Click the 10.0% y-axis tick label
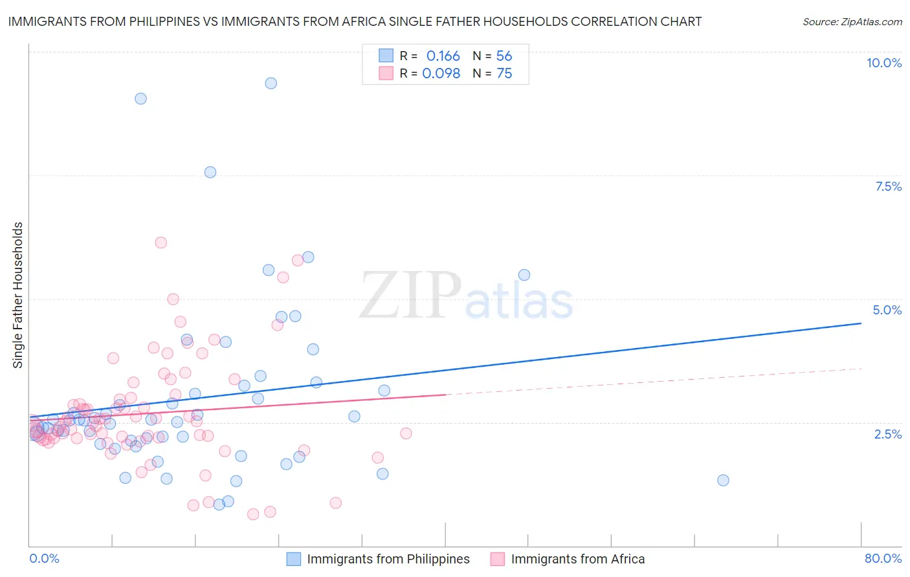pyautogui.click(x=883, y=63)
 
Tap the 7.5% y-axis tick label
pyautogui.click(x=888, y=186)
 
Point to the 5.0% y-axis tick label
pyautogui.click(x=887, y=310)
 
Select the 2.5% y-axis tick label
pyautogui.click(x=887, y=434)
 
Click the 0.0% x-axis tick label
pyautogui.click(x=44, y=558)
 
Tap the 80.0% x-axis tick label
pyautogui.click(x=883, y=558)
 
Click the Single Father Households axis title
pyautogui.click(x=18, y=295)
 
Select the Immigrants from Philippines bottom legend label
pyautogui.click(x=388, y=559)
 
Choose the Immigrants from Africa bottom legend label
pyautogui.click(x=577, y=559)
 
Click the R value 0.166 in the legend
pyautogui.click(x=443, y=56)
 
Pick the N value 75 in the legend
pyautogui.click(x=504, y=74)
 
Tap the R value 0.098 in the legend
pyautogui.click(x=441, y=74)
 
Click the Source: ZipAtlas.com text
pyautogui.click(x=852, y=22)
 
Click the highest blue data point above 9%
pyautogui.click(x=271, y=83)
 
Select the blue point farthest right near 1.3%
pyautogui.click(x=723, y=480)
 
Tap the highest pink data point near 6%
pyautogui.click(x=161, y=243)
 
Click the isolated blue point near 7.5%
pyautogui.click(x=210, y=172)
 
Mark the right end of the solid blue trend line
pyautogui.click(x=861, y=323)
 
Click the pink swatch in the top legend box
pyautogui.click(x=386, y=74)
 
